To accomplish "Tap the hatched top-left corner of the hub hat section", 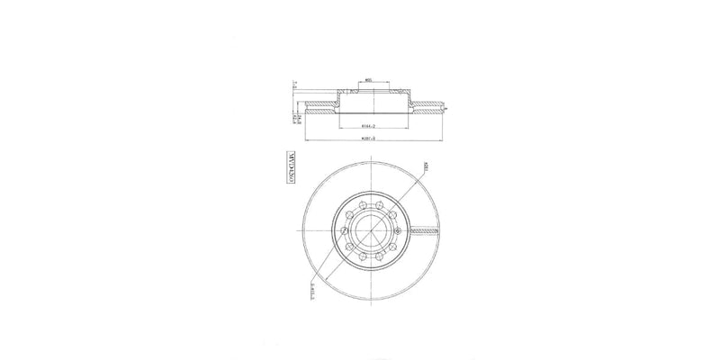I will coord(341,92).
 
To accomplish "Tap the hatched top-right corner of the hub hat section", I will coord(400,92).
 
